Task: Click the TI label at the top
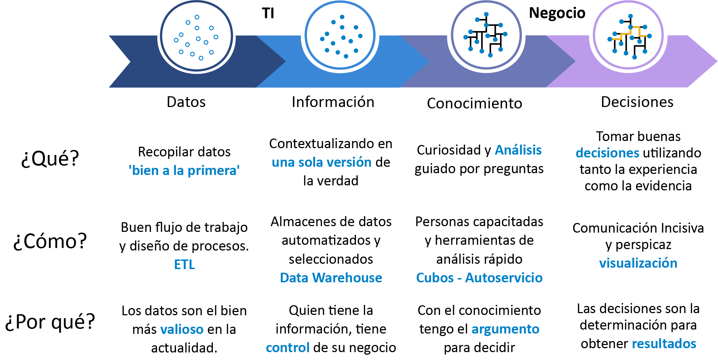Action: pos(268,13)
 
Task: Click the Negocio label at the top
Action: pos(557,13)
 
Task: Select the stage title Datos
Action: pos(186,102)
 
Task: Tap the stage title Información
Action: pos(333,102)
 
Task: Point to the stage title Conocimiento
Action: pos(474,103)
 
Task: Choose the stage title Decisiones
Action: pos(637,102)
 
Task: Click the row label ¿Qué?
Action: pos(50,158)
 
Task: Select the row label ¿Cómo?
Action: pos(50,241)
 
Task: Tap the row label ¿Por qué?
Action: pos(50,321)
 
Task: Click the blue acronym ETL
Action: pos(184,264)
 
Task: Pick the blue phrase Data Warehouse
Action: pos(331,278)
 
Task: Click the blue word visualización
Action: pos(638,263)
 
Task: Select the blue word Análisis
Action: pos(518,150)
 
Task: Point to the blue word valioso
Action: pos(182,329)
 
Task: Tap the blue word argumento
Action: pos(505,329)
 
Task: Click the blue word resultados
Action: pos(664,344)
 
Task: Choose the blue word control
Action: pos(287,347)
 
